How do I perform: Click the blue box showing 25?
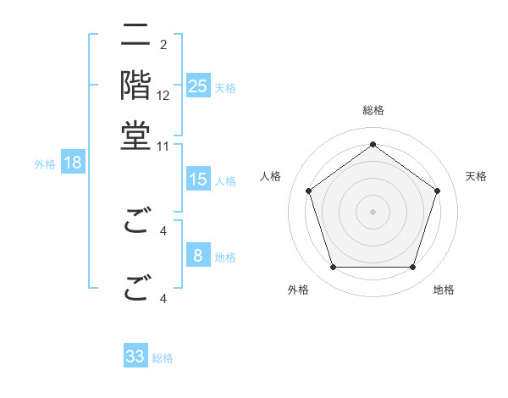tap(198, 86)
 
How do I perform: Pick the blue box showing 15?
tap(198, 180)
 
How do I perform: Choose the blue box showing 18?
tap(73, 163)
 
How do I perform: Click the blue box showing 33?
tap(135, 357)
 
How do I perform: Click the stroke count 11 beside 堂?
tap(163, 146)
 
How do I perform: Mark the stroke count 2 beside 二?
tap(163, 44)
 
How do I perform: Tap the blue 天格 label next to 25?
tap(225, 87)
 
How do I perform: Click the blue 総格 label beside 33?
tap(163, 358)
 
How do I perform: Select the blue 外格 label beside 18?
tap(45, 164)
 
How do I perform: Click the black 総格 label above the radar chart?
tap(373, 110)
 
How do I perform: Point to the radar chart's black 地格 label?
tap(444, 290)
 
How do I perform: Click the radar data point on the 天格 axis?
tap(437, 191)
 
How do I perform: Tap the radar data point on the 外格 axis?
tap(333, 268)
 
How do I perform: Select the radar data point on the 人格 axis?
tap(309, 191)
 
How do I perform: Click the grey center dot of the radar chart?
tap(373, 211)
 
